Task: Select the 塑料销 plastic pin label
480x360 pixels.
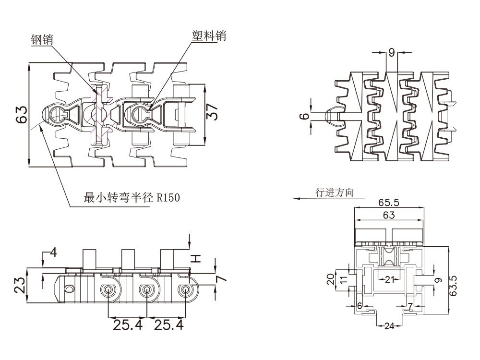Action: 209,36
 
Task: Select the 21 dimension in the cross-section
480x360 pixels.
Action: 389,279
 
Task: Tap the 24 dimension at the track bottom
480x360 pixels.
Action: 389,326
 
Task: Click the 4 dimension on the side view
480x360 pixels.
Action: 53,252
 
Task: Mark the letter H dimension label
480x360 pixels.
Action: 195,259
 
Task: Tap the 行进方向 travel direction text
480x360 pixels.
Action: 335,192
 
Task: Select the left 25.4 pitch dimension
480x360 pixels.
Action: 128,325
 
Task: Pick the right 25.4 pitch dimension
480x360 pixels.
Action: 168,325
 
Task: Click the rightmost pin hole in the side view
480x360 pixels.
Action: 185,290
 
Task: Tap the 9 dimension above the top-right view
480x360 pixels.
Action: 392,52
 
